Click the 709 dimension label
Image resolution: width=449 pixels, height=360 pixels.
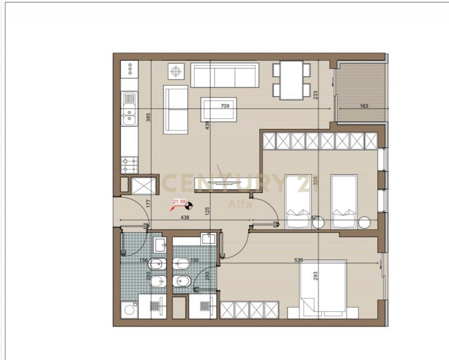(225, 106)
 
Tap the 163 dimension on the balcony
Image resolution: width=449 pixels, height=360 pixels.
(364, 106)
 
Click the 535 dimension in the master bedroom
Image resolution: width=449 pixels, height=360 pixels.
(298, 259)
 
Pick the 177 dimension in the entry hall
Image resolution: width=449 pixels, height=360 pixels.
(148, 204)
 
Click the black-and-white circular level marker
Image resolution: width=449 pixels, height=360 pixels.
(190, 205)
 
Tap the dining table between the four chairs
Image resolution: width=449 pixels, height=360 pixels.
(292, 80)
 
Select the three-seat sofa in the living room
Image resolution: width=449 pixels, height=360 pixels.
(224, 75)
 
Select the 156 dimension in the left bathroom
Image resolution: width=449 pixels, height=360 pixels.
(143, 260)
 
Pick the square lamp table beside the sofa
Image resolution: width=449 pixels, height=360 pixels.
(175, 71)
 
